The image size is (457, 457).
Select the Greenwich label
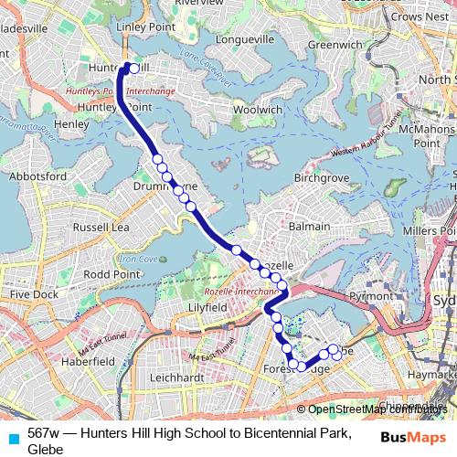(x=334, y=43)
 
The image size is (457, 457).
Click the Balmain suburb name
(x=308, y=224)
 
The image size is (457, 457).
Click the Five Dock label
(x=35, y=294)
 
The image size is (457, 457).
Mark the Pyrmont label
(x=370, y=297)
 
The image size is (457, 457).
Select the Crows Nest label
(x=423, y=16)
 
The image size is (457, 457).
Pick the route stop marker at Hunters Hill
(x=134, y=68)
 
